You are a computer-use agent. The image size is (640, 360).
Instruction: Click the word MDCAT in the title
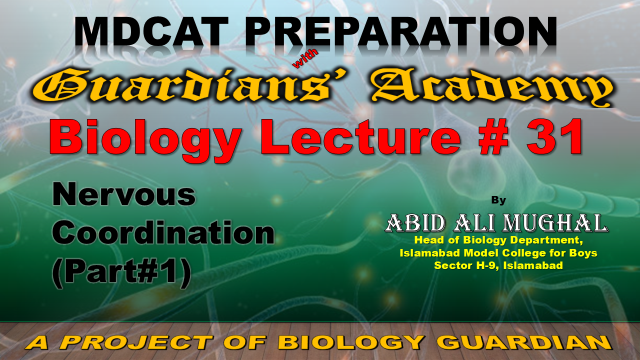coord(151,32)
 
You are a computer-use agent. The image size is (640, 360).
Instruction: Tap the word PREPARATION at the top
coord(402,32)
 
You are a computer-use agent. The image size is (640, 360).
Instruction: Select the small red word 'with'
coord(306,59)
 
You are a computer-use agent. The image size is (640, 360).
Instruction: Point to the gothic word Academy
coord(492,87)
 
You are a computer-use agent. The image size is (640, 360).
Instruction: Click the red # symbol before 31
coord(495,136)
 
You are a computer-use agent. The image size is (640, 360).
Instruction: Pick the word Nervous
coord(124,195)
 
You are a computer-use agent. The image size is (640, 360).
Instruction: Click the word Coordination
coord(163,233)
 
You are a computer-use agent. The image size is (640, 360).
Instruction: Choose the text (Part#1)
coord(122,272)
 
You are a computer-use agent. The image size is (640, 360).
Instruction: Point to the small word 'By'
coord(498,200)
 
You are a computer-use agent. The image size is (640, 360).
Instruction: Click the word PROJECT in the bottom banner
coord(138,343)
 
